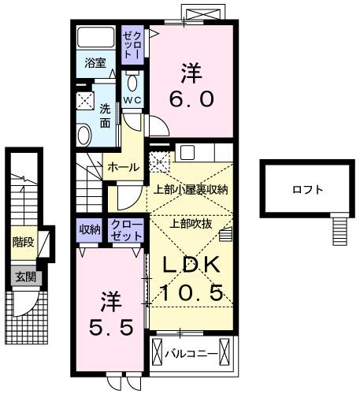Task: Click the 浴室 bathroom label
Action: click(95, 63)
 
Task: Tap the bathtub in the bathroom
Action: click(97, 39)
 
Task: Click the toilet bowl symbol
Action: click(132, 83)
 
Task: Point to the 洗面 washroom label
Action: click(104, 117)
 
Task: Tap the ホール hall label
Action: click(123, 167)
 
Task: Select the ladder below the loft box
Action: click(340, 231)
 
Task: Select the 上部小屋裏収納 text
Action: click(190, 189)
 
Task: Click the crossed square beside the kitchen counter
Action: click(160, 162)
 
